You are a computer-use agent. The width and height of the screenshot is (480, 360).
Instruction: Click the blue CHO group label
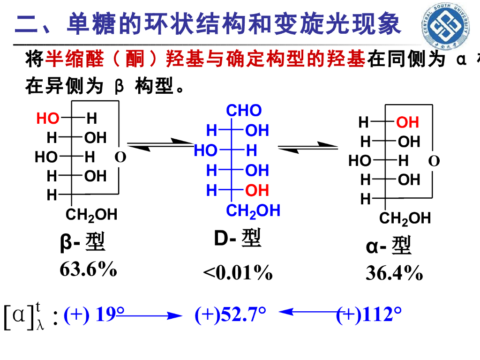[244, 111]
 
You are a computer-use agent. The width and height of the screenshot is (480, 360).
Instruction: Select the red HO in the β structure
[48, 119]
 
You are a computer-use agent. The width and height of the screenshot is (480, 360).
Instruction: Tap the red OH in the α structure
[407, 122]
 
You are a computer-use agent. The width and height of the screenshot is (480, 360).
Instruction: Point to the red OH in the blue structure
[257, 190]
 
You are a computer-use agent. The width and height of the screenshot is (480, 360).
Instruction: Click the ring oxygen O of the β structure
[120, 157]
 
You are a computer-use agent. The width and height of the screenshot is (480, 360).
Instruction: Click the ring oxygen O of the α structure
[434, 161]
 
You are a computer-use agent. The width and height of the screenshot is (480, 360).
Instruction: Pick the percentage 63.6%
[88, 270]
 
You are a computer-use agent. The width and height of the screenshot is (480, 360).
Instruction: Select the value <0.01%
[238, 272]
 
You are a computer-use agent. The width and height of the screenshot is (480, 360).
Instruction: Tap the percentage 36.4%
[394, 273]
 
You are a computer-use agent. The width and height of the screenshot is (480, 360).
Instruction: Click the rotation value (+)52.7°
[231, 315]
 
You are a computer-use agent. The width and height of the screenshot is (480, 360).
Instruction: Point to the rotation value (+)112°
[369, 315]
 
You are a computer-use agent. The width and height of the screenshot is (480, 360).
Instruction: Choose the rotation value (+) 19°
[94, 315]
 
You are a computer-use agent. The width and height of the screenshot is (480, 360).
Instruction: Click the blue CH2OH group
[253, 211]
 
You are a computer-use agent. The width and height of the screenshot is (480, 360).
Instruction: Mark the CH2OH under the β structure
[91, 215]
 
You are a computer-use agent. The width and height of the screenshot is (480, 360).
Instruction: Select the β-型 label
[83, 242]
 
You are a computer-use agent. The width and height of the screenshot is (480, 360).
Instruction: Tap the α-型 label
[389, 246]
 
